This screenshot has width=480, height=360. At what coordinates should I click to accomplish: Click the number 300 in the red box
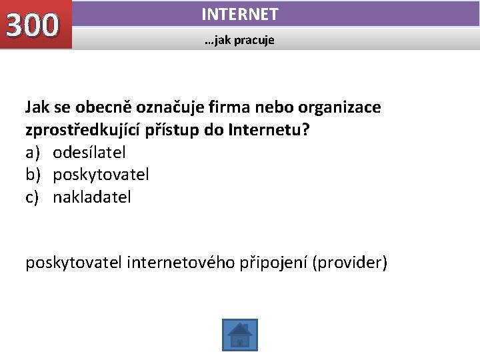point(32,25)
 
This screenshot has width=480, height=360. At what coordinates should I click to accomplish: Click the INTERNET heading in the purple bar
point(239,14)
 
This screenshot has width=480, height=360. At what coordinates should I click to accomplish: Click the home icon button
point(239,335)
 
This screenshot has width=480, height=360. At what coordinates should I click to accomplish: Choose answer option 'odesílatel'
point(89,153)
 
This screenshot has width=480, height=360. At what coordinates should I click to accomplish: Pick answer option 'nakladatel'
point(92,197)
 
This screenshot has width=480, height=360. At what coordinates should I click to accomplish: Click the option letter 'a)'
point(33,153)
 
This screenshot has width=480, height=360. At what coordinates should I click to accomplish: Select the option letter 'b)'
point(33,175)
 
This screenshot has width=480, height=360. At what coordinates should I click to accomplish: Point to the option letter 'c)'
point(33,197)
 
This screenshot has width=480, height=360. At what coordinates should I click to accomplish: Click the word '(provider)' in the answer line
point(349,263)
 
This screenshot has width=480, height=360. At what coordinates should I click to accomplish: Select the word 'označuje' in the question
point(165,107)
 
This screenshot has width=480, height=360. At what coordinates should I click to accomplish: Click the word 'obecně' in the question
point(99,107)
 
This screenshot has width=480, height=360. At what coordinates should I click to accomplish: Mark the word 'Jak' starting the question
point(37,107)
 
